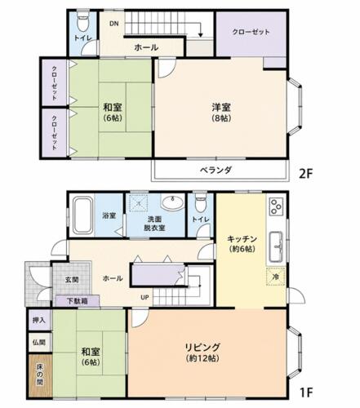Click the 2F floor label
(306, 173)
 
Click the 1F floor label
(306, 392)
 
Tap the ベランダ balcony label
(216, 170)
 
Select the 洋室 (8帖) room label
(221, 112)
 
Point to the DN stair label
(114, 24)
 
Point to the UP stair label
(144, 298)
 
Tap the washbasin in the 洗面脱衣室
(172, 202)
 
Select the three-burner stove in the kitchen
(276, 206)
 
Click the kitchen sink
(276, 246)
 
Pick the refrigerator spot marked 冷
(276, 277)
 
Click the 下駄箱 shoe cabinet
(78, 301)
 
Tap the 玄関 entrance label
(72, 279)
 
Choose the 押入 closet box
(40, 320)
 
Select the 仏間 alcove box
(40, 342)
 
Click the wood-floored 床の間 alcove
(40, 375)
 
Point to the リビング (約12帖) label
(202, 353)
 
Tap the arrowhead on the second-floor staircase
(201, 35)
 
